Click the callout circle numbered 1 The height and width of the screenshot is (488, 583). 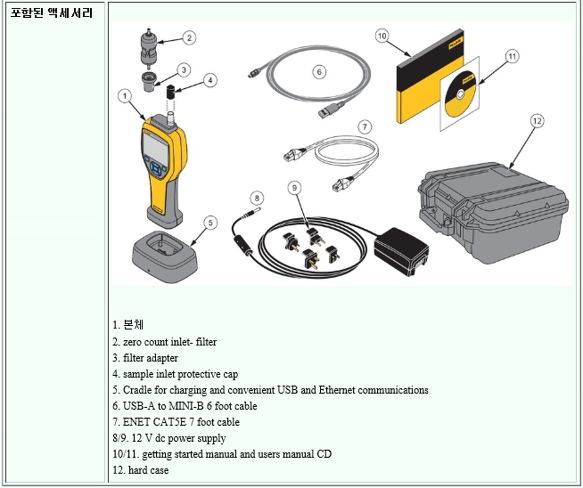126,94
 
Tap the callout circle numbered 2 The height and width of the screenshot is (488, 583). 189,37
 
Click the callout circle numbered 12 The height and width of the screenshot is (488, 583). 536,119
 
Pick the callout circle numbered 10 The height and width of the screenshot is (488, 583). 382,36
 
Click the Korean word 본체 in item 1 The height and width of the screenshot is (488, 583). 133,324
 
